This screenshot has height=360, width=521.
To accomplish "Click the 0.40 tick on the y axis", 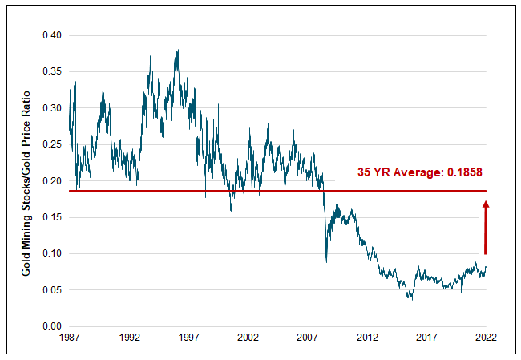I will [52, 35].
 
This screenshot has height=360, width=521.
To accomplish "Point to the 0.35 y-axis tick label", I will [52, 71].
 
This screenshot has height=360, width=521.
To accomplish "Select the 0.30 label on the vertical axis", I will [52, 108].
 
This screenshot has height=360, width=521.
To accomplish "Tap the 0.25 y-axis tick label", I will [52, 144].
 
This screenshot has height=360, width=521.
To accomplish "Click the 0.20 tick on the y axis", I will [52, 181].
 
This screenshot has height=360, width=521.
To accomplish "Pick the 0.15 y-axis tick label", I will [52, 217].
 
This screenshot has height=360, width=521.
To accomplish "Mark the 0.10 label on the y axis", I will [52, 253].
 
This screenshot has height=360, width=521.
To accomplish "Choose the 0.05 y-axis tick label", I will [52, 290].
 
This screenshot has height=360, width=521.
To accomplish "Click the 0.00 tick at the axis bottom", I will [52, 326].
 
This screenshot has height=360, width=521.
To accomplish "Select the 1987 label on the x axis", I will [69, 338].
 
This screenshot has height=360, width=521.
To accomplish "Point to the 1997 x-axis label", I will [188, 338].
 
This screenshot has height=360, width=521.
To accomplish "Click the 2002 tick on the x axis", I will [248, 338].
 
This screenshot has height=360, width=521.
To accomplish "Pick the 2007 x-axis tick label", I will [307, 338].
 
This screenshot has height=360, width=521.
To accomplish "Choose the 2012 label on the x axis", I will [367, 338].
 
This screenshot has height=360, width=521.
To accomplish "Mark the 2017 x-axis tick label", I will [426, 338].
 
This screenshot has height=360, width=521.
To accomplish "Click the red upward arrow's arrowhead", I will [486, 205].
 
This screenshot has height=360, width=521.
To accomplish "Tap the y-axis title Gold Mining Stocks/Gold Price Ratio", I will [26, 181].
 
